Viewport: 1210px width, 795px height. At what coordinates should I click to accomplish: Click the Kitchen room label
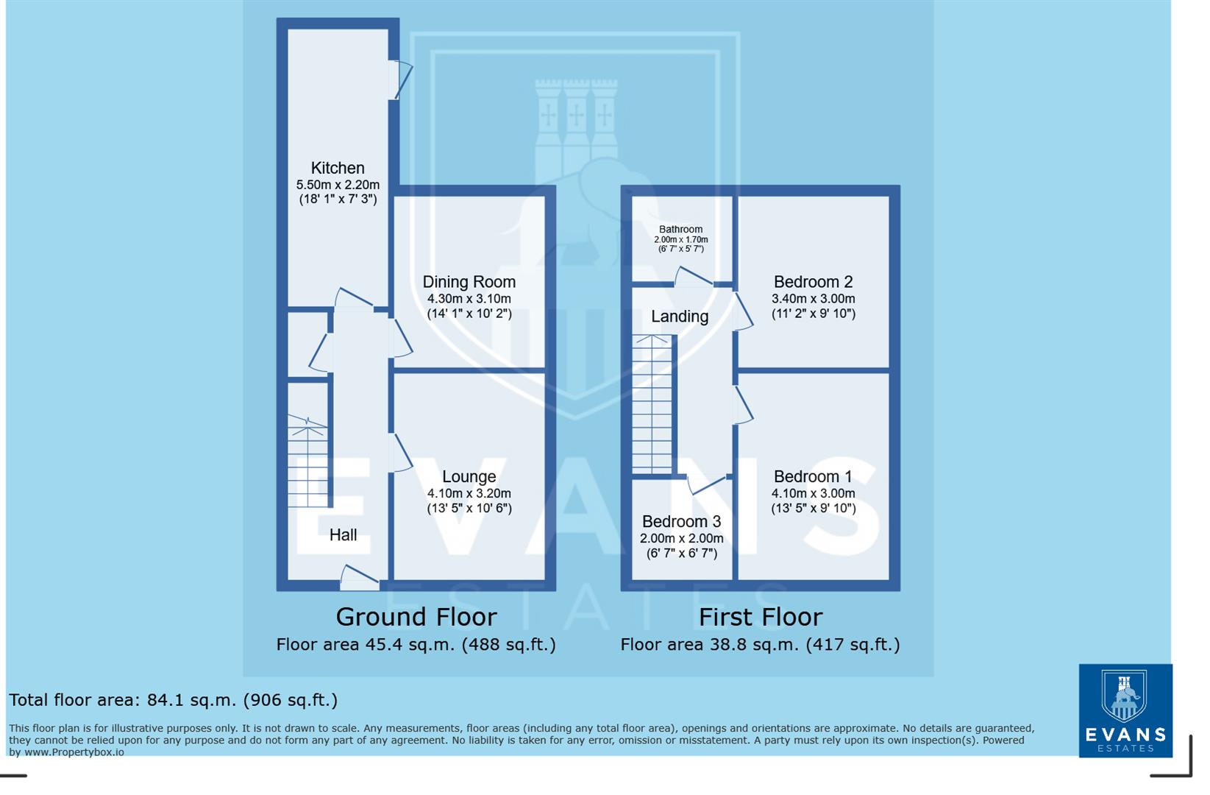(x=338, y=169)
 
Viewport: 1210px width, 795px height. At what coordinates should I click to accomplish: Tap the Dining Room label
(x=469, y=282)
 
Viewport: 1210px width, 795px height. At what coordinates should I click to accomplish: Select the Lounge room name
(x=469, y=477)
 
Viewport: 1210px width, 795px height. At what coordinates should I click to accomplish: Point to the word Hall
(x=343, y=535)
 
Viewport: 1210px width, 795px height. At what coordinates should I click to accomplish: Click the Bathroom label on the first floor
(x=680, y=230)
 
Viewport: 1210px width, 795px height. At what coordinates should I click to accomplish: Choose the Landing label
(x=680, y=317)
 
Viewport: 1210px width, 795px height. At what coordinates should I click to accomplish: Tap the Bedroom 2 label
(x=813, y=282)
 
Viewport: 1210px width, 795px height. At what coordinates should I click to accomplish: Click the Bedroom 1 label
(x=813, y=477)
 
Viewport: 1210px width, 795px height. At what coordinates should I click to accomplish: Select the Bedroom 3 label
(x=681, y=522)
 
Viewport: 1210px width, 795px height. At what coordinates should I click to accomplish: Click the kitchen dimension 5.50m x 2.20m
(x=338, y=185)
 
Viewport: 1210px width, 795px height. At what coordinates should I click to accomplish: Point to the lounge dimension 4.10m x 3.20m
(x=469, y=494)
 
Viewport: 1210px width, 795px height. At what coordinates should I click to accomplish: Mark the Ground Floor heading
(x=416, y=617)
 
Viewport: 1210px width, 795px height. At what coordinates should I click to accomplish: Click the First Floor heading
(x=760, y=617)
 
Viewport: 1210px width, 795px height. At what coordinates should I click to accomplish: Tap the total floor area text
(x=174, y=700)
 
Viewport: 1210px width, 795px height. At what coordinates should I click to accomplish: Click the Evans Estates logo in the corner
(x=1125, y=710)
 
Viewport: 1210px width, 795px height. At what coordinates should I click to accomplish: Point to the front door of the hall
(x=360, y=579)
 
